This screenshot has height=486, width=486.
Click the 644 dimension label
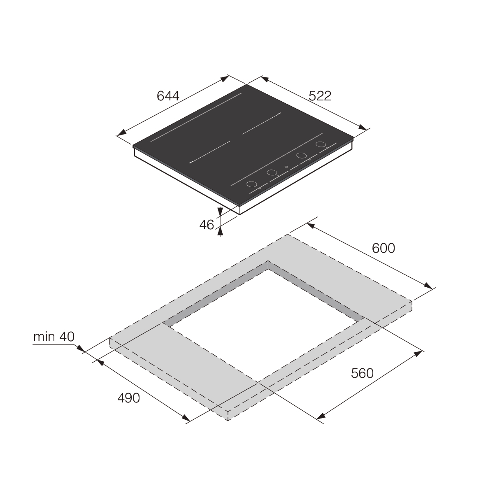[x=168, y=96]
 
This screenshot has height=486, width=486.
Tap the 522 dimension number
[x=320, y=96]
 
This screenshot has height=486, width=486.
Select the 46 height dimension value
[x=207, y=225]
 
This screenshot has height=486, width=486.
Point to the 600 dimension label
[x=384, y=248]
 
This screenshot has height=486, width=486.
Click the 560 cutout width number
[x=362, y=373]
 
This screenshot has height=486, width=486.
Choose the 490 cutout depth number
[x=129, y=398]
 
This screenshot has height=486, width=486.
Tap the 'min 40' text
[x=54, y=337]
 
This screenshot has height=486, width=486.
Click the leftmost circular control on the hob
[x=252, y=184]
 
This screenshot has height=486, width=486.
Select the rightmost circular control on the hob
[x=321, y=144]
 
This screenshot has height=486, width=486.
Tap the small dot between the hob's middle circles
[x=286, y=167]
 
